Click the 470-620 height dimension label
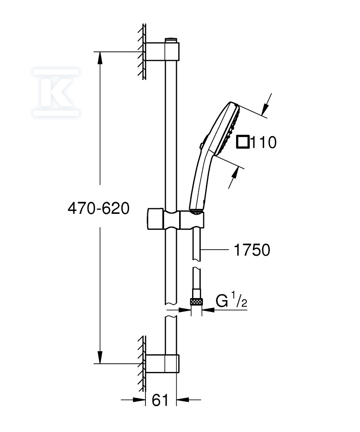[x=98, y=208]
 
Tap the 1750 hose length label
[x=252, y=250]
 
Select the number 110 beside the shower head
[x=264, y=143]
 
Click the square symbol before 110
[x=243, y=142]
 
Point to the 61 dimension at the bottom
[x=160, y=400]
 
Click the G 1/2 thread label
[x=231, y=300]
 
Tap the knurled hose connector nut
[x=196, y=302]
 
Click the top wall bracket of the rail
[x=162, y=51]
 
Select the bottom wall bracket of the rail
[x=162, y=364]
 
